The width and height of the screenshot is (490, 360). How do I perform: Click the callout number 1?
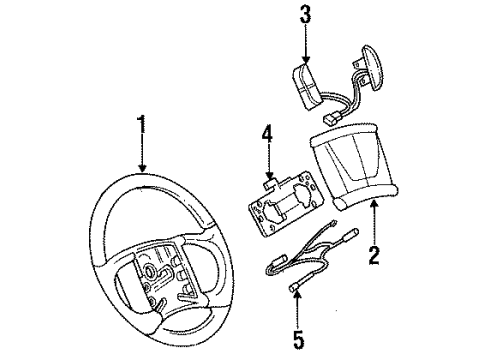(x=142, y=126)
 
